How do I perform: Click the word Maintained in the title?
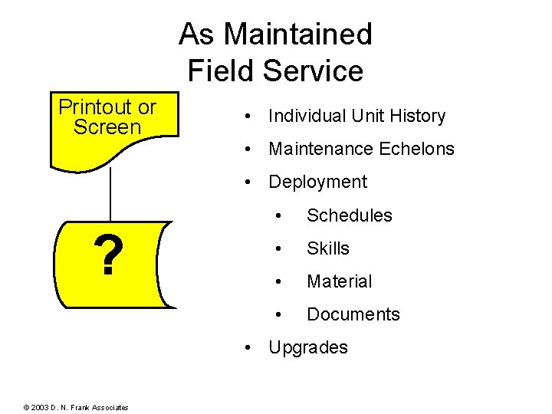[297, 34]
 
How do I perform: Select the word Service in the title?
[312, 71]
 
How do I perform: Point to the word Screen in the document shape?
[107, 127]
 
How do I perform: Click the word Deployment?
[317, 182]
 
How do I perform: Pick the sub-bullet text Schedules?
[349, 216]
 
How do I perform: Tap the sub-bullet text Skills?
[327, 249]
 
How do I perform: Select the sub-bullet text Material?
[339, 282]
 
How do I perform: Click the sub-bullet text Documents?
[353, 315]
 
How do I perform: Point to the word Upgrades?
[307, 348]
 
